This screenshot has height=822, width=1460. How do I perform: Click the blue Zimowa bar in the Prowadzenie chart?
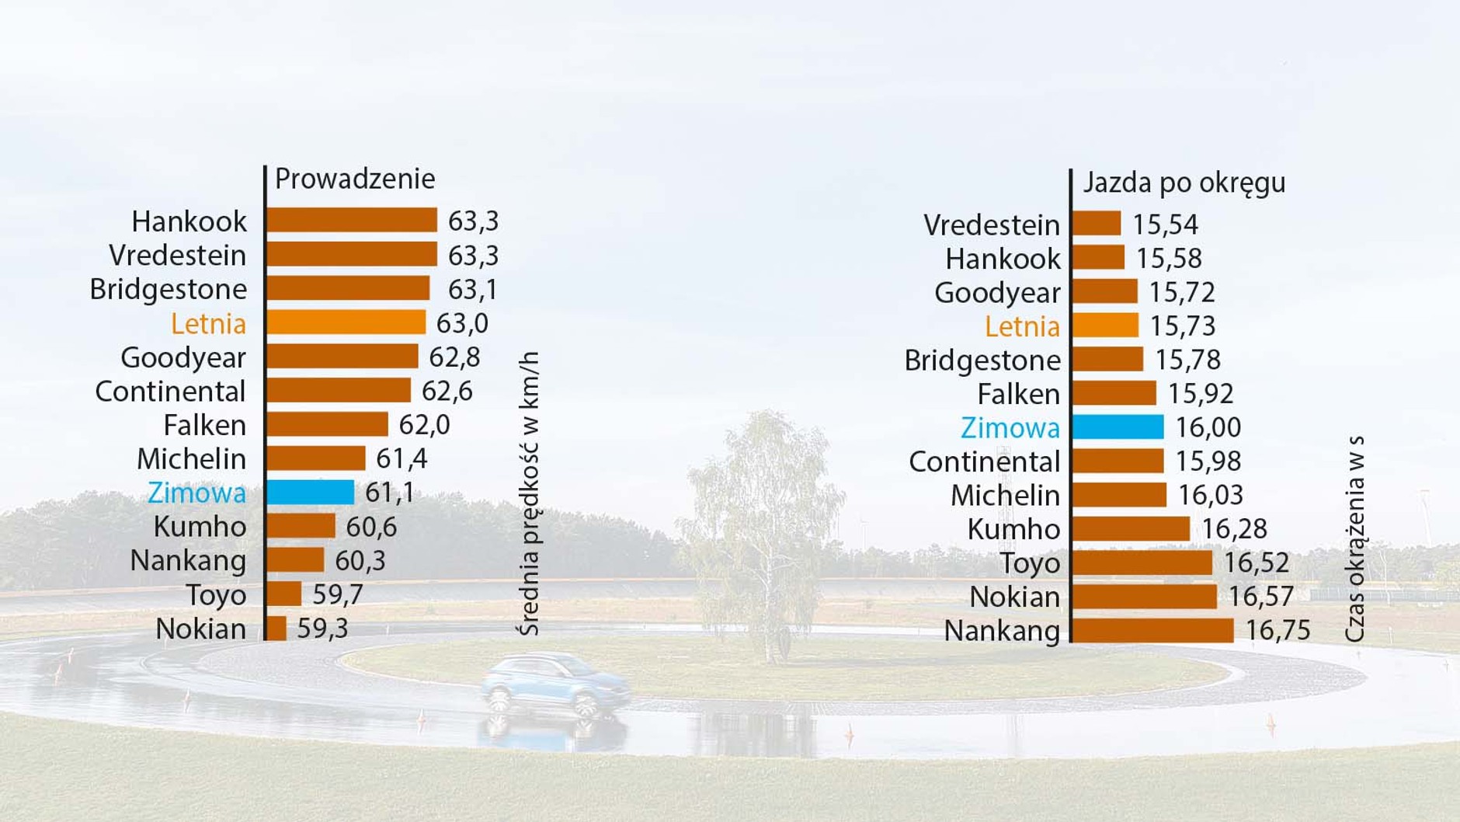(310, 493)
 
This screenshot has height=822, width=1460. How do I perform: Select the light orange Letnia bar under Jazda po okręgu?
(1105, 326)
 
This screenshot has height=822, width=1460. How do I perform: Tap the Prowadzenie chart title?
(355, 179)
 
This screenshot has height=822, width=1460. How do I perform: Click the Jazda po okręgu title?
(1184, 183)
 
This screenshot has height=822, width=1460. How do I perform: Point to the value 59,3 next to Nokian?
(322, 629)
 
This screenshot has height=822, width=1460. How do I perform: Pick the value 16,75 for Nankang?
(1277, 630)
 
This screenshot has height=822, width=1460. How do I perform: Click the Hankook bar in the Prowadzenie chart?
(351, 221)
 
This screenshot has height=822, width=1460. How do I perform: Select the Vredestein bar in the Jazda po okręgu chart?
(1097, 224)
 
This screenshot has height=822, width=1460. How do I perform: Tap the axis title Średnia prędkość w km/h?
(528, 494)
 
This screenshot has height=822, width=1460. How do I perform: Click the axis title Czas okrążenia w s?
(1354, 539)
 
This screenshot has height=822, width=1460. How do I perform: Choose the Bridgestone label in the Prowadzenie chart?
(169, 289)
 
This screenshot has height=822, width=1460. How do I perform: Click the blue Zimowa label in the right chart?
(1010, 427)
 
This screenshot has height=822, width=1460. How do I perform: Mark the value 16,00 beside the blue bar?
(1208, 427)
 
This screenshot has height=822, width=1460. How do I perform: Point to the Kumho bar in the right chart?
(1131, 529)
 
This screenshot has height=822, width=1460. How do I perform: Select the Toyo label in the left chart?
(216, 595)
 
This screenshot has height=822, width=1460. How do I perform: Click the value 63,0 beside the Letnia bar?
(462, 323)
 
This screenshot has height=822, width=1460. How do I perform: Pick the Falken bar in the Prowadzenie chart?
(327, 425)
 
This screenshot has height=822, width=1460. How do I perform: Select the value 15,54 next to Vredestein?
(1165, 225)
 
